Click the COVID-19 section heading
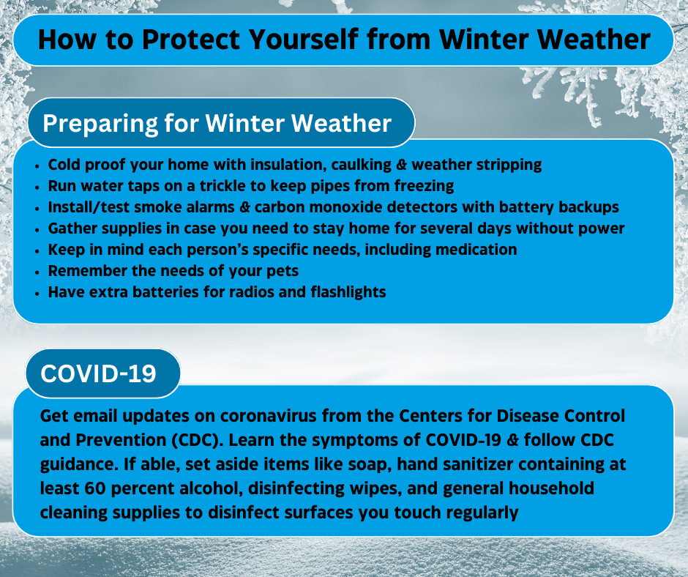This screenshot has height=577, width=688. pyautogui.click(x=98, y=373)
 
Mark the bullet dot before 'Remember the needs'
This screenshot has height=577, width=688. pyautogui.click(x=37, y=272)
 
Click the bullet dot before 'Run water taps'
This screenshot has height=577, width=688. pyautogui.click(x=37, y=187)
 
